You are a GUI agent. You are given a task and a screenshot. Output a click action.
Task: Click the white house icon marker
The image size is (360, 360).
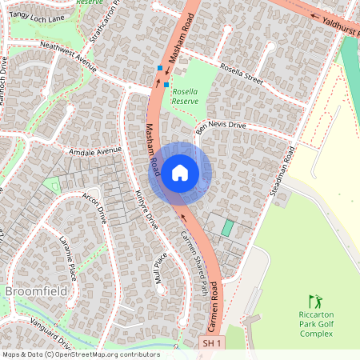click(180, 173)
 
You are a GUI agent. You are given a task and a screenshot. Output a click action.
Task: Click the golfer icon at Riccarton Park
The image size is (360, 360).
click(315, 302)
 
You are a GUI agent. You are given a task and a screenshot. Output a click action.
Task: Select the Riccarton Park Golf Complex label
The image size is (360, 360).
click(315, 323)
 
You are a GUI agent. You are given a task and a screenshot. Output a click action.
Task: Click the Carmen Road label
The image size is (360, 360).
click(214, 312)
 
